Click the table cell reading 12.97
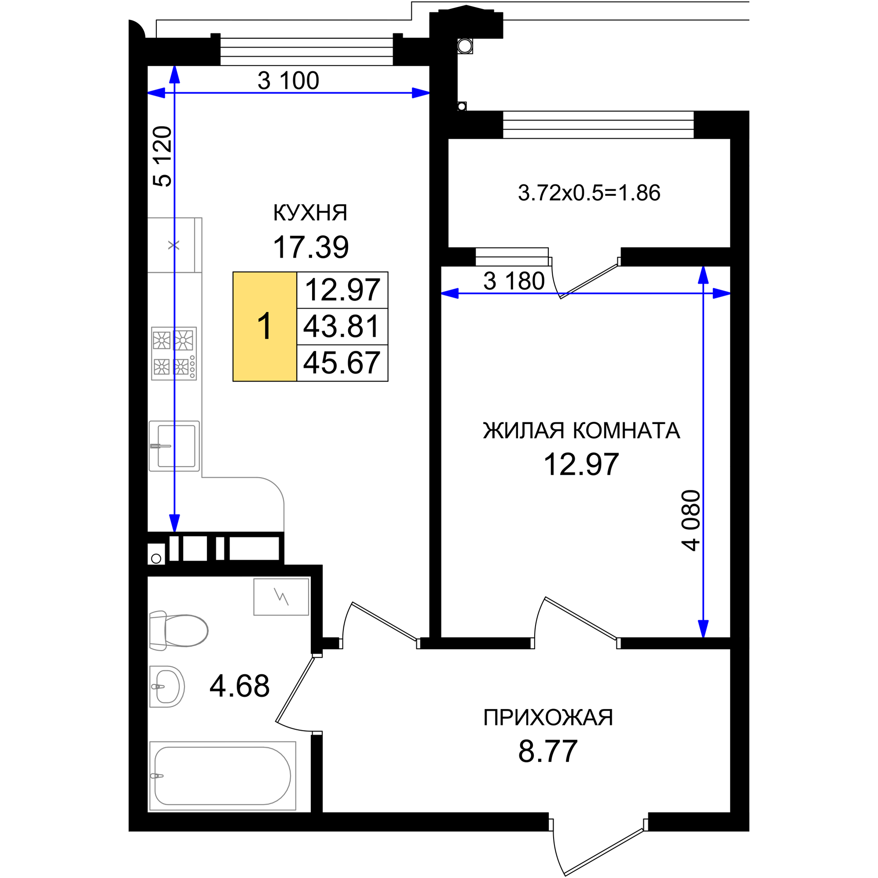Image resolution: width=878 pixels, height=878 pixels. coord(342,290)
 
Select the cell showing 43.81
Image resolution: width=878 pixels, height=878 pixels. coord(342,326)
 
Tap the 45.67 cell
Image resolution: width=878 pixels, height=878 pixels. coord(342,363)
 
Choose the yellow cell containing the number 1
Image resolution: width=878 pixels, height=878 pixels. coord(264,326)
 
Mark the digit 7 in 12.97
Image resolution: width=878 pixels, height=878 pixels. coord(371,290)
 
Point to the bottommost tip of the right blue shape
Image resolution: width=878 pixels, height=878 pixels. coord(703,637)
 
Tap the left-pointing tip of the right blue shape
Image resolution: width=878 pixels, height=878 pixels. coord(442,294)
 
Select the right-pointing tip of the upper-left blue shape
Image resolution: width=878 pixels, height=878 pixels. coord(429,94)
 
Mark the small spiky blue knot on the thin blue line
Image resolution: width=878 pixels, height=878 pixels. coord(174,354)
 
